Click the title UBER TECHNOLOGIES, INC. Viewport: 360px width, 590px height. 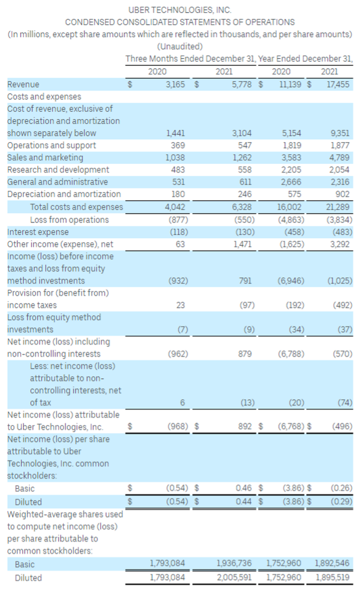coord(179,10)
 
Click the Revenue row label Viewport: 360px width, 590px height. coord(23,84)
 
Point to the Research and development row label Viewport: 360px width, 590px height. coord(58,170)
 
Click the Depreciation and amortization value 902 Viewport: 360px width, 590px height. coord(343,194)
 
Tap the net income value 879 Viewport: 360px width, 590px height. coord(245,354)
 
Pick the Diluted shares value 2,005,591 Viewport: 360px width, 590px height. coord(234,577)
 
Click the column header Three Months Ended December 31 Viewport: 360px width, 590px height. coord(191,59)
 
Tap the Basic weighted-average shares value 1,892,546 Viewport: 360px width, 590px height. coord(333,564)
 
